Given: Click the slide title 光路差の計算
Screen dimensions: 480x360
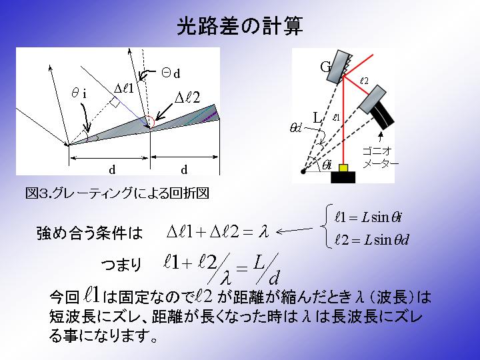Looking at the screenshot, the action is pos(240,26).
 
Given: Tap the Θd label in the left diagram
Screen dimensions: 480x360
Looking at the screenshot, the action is pos(171,73).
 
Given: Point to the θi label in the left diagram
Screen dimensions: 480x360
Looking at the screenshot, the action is pos(79,93).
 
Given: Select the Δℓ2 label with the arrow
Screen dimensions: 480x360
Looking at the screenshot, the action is pos(187,97).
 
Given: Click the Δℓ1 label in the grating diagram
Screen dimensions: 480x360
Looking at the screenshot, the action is pos(124,89).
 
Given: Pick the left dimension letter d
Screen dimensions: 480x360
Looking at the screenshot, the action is pos(113,169).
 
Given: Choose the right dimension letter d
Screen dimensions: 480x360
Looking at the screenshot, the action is pos(184,169).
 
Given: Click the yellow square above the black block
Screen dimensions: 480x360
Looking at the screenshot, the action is pos(343,168).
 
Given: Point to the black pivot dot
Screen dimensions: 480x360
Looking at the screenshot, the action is pos(303,171).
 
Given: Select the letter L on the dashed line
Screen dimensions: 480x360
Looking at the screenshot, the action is pos(317,117).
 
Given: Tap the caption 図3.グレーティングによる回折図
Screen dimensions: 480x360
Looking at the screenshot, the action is pos(117,193).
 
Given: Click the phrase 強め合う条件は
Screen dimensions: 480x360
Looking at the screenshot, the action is pos(90,233).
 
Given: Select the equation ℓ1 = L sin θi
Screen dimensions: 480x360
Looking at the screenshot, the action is pos(367,217).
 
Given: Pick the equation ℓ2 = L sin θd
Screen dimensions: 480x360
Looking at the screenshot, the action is pos(371,240).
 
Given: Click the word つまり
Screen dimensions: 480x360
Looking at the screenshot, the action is pos(121,265).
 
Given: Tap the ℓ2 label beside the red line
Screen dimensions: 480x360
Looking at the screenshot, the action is pos(364,81).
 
